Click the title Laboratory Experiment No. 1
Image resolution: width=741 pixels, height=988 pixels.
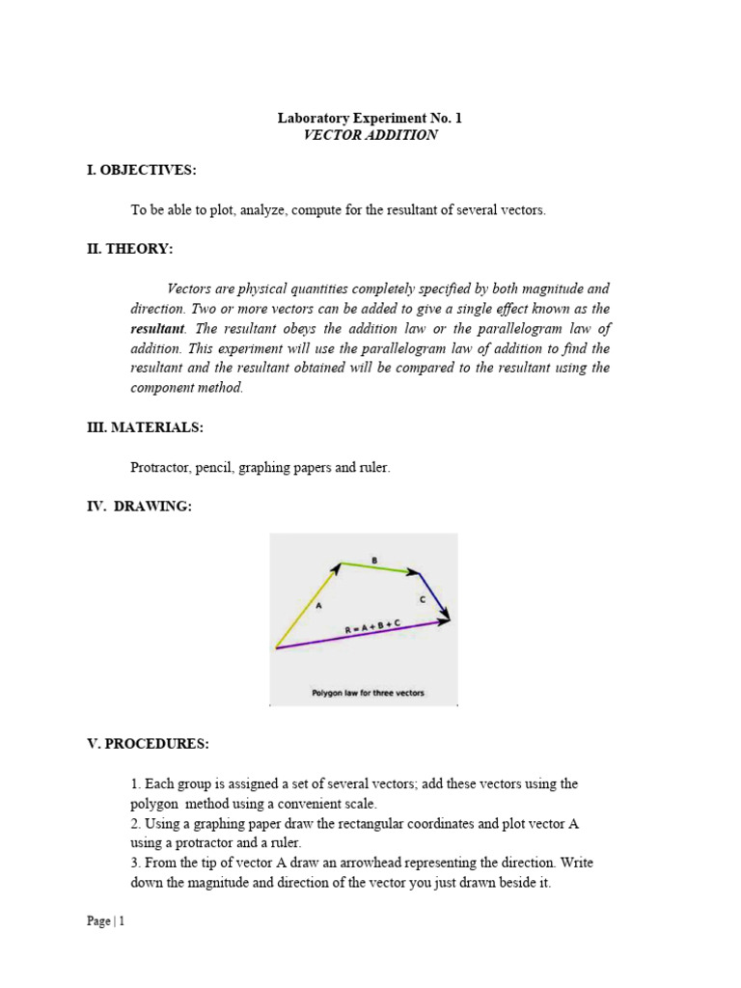pos(370,118)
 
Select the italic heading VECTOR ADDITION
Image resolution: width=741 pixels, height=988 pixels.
pos(370,135)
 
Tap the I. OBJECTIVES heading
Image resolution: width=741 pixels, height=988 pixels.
pos(141,170)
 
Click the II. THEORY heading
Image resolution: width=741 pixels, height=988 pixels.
pos(130,249)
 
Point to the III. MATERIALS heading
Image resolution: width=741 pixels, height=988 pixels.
pos(145,427)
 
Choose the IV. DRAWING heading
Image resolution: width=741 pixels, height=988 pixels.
pos(139,507)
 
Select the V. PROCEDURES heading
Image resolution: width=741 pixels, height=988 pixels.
pos(147,744)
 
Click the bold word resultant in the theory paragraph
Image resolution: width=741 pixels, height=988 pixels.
pos(156,328)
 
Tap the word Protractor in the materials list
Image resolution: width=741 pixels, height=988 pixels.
pos(159,467)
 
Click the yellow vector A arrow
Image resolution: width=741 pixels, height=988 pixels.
pos(307,605)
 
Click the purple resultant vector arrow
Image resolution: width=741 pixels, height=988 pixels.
pos(362,635)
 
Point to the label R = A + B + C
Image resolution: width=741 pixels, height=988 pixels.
pos(372,628)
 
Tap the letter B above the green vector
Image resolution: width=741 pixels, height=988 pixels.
pos(374,559)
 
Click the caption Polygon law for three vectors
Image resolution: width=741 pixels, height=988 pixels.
pos(367,693)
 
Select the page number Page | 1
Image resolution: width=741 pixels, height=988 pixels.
pos(105,921)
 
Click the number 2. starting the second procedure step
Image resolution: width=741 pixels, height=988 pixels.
pos(136,823)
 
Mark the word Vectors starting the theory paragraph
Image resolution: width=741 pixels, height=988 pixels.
pos(188,288)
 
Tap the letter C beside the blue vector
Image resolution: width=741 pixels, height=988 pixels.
pos(423,600)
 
